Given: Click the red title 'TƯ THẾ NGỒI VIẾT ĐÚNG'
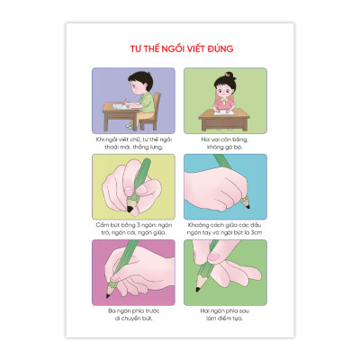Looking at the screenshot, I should pyautogui.click(x=180, y=44).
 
